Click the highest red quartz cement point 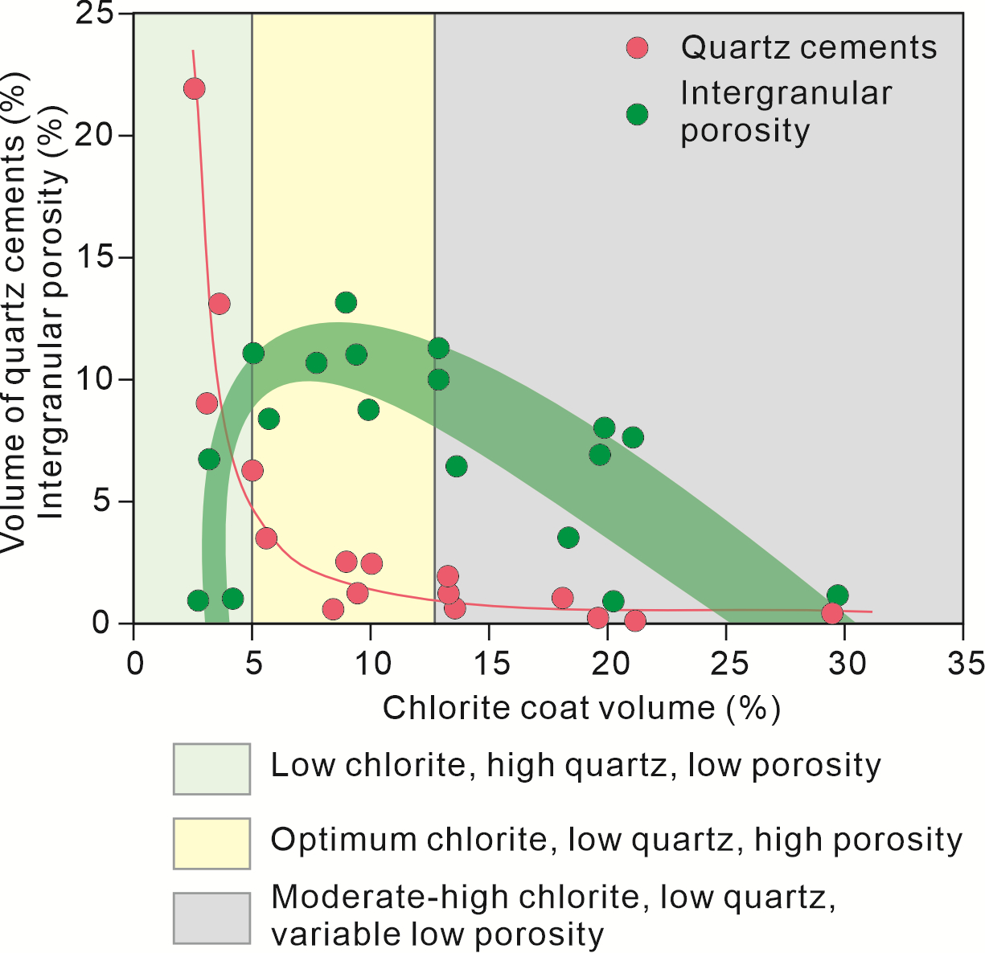coord(194,88)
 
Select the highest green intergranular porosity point coord(346,303)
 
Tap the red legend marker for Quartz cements coord(637,48)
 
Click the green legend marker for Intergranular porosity coord(637,114)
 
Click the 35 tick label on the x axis coord(967,664)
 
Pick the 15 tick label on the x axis coord(491,664)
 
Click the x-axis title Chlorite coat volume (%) coord(581,709)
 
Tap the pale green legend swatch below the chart coord(211,769)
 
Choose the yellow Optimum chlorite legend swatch coord(211,843)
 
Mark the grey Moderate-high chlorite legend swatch coord(211,918)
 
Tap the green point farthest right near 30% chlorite coord(837,595)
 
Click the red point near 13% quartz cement coord(219,304)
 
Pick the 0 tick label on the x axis coord(135,664)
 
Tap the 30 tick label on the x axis coord(848,664)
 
